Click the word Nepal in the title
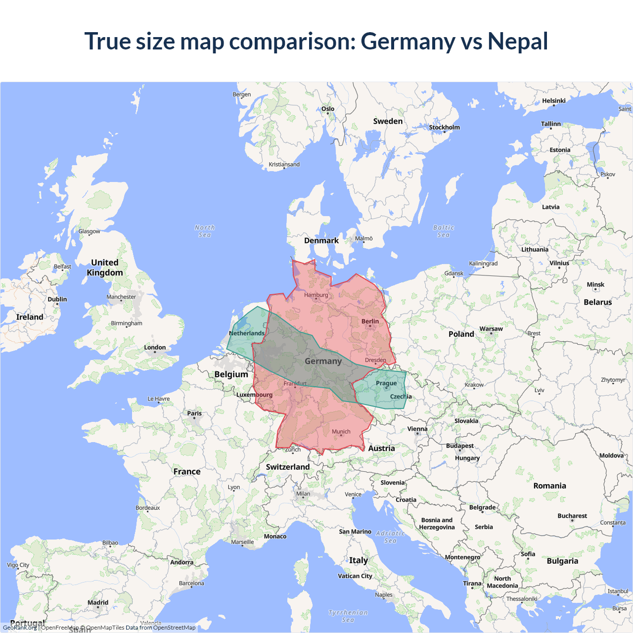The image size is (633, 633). coord(518,41)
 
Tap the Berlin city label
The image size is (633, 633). coord(370,321)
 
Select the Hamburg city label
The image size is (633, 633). coord(316,295)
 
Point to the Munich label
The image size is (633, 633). coord(341,432)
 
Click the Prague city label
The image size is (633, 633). coord(386,383)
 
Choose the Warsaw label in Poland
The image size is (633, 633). coord(491,329)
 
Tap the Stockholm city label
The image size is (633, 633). coord(444,128)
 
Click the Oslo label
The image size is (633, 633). coord(328,109)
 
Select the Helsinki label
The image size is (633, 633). coord(554,101)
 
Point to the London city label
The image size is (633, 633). coord(155,348)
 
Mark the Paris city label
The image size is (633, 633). coord(194,413)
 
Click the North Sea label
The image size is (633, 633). coord(205,231)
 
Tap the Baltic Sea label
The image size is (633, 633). coord(444,231)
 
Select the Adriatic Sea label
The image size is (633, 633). coord(390,537)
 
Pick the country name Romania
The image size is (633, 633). coord(549,486)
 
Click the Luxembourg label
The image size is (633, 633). coord(254,395)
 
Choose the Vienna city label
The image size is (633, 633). coord(417,429)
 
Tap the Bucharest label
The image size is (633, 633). coord(572,516)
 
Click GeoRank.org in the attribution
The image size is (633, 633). coord(20,628)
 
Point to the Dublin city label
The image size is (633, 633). coord(57,299)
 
